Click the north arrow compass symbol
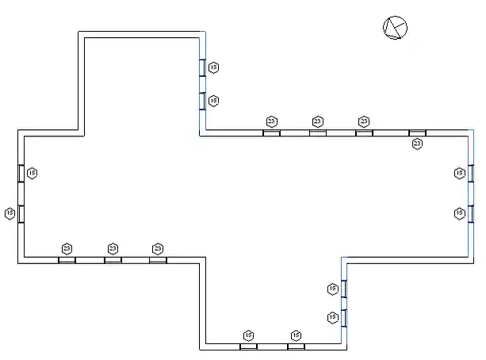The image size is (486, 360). coord(395,28)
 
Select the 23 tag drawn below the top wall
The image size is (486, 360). coord(417,144)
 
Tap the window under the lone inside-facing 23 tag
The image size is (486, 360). coord(417,132)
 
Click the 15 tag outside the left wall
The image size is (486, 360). coord(10,213)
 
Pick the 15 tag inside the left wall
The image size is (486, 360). coord(32,173)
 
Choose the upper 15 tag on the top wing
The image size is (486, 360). coord(213,67)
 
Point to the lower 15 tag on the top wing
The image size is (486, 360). coord(213,101)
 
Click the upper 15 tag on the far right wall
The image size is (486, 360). coord(459,173)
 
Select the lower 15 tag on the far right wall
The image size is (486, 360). coord(459,213)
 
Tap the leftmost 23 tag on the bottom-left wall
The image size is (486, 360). coord(67,248)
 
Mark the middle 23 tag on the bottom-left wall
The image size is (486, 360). coord(113,248)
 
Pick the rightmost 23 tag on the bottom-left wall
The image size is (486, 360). coord(158,248)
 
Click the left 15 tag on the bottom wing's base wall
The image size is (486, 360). coord(248,335)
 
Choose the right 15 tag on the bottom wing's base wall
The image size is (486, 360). coord(296,335)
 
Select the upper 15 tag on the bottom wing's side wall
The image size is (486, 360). coord(332,289)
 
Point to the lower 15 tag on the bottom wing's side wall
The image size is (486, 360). coord(332,317)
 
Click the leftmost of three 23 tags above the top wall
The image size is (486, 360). coord(271,121)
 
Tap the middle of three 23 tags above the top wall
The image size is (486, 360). coord(317,121)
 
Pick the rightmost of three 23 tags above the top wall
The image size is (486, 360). coord(364,121)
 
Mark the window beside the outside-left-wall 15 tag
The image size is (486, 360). coord(21,213)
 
